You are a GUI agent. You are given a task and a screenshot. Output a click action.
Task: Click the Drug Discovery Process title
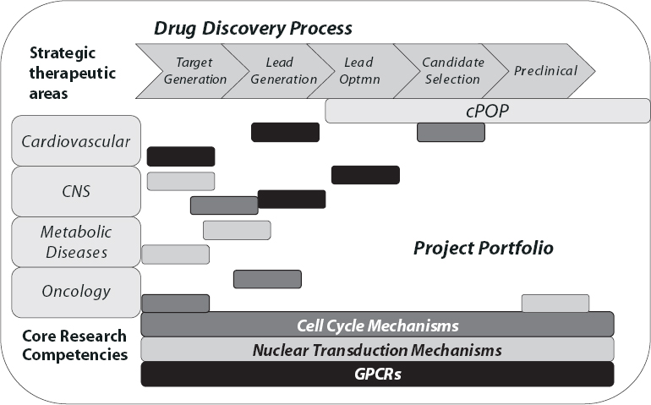pos(253,28)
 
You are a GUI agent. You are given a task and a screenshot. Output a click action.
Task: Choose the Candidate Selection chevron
pos(449,71)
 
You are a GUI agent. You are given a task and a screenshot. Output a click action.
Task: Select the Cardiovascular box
pos(75,140)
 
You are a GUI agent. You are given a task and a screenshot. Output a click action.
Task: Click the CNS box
pos(75,191)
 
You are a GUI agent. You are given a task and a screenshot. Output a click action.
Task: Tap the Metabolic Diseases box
pos(75,242)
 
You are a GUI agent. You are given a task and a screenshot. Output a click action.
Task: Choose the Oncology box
pos(75,292)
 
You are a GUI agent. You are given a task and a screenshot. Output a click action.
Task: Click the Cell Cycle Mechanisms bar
pos(377,325)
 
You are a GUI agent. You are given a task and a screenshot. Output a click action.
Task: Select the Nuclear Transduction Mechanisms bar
pos(377,349)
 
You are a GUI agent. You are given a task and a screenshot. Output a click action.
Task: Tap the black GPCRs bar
pos(377,374)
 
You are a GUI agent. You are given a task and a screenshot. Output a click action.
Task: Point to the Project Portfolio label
pos(483,249)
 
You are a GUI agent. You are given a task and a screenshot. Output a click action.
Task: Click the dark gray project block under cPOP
pos(451,132)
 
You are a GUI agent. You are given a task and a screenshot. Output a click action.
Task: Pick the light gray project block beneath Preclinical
pos(555,303)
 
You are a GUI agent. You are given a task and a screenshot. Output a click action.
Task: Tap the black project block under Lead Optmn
pos(365,175)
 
